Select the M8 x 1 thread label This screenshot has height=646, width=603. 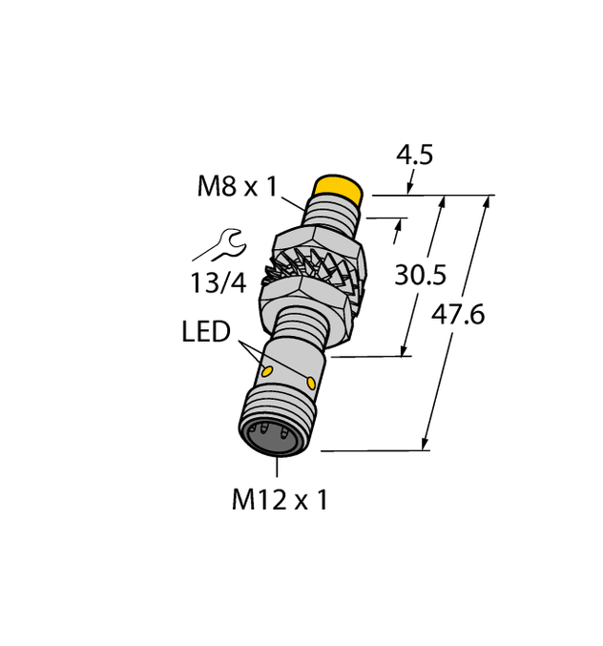(x=237, y=186)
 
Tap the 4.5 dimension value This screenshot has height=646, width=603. (x=414, y=155)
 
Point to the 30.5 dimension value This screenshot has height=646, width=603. (x=421, y=275)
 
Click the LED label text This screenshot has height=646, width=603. (x=206, y=332)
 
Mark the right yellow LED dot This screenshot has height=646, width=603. (x=311, y=382)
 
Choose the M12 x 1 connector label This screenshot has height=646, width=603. (x=280, y=499)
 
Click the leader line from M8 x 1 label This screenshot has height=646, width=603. (x=294, y=198)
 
